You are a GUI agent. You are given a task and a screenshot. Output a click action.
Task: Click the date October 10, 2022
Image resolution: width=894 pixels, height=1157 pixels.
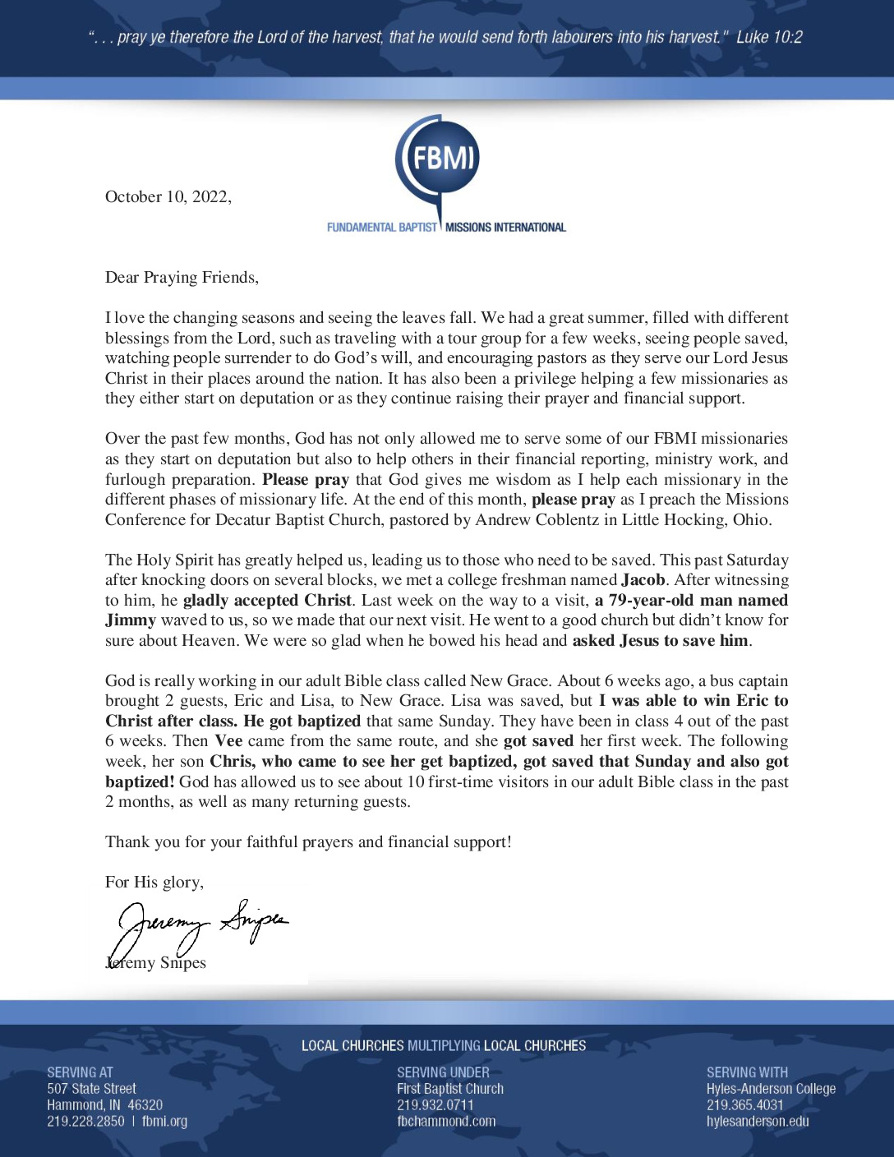click(x=168, y=196)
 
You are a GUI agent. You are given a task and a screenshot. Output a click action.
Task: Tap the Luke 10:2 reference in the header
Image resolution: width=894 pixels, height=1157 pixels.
click(x=769, y=37)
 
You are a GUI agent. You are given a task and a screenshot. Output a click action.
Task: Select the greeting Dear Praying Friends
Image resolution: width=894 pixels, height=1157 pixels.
click(x=182, y=278)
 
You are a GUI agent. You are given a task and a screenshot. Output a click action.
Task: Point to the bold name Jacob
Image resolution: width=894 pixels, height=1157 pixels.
click(x=643, y=580)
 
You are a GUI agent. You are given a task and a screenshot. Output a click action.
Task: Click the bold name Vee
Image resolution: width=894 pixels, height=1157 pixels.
click(x=228, y=741)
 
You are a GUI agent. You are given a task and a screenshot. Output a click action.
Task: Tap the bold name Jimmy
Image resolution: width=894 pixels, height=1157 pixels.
click(x=130, y=620)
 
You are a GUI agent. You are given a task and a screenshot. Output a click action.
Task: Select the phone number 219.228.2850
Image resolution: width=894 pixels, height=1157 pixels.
click(x=85, y=1121)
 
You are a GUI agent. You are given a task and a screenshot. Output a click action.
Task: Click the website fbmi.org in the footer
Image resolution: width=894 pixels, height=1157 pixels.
click(x=164, y=1121)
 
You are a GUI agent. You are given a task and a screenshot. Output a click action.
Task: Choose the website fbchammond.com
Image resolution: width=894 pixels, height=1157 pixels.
click(x=446, y=1121)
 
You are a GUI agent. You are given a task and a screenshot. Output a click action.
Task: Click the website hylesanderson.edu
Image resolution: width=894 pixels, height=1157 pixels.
click(x=757, y=1121)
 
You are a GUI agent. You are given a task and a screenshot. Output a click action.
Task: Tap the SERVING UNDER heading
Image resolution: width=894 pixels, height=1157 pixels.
click(x=443, y=1072)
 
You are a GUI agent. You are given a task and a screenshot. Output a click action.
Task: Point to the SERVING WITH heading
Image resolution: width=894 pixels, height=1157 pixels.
click(x=747, y=1072)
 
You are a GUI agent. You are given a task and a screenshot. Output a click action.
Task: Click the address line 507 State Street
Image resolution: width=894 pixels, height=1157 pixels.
click(x=91, y=1089)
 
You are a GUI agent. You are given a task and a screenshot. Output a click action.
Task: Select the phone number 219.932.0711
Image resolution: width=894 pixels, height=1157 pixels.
click(x=435, y=1105)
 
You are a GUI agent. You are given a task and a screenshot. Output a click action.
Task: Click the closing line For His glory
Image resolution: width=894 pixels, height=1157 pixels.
click(x=154, y=883)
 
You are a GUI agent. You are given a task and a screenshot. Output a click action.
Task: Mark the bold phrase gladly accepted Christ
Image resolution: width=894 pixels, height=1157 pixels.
click(x=267, y=601)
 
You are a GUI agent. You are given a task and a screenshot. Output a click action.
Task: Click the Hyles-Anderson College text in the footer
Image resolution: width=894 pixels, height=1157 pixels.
click(x=771, y=1089)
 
